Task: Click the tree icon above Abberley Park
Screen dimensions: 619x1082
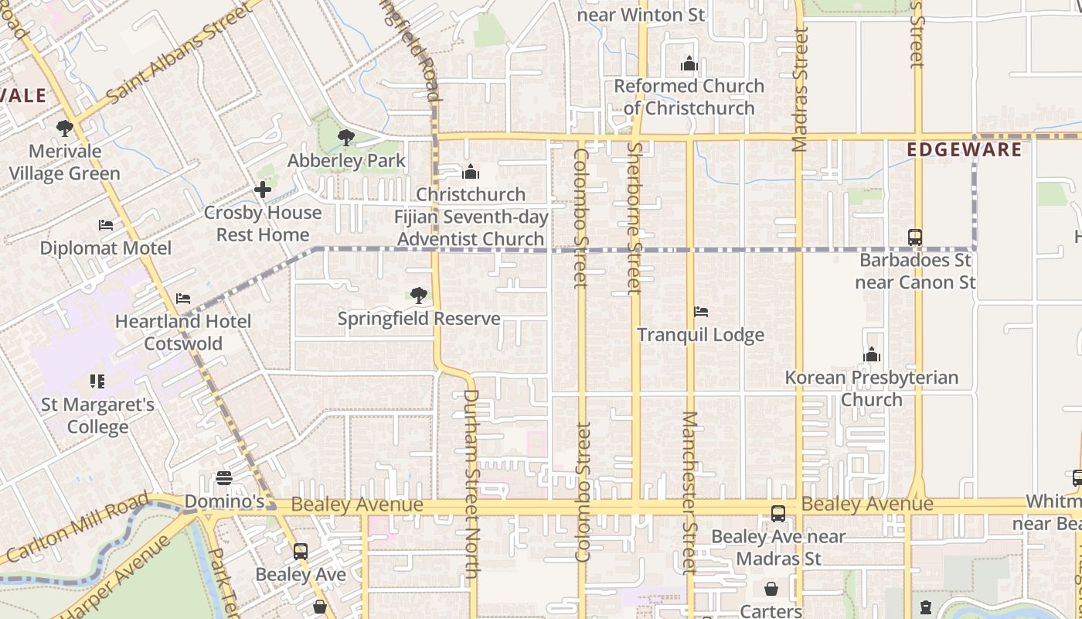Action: [x=345, y=138]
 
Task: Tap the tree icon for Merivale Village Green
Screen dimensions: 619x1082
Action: [x=65, y=128]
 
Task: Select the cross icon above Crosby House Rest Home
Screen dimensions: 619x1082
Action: [x=263, y=189]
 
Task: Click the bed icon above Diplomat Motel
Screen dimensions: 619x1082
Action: [x=106, y=225]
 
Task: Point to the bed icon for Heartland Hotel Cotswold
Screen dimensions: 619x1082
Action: [x=183, y=298]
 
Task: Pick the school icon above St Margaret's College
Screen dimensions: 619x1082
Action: [x=97, y=381]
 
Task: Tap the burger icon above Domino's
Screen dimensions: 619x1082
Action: [x=224, y=478]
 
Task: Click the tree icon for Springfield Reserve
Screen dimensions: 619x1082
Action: [x=418, y=295]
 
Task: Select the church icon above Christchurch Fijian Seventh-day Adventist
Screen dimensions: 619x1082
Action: [x=471, y=172]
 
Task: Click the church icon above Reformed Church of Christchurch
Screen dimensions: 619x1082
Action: [x=689, y=63]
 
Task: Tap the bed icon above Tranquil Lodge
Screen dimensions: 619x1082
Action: [x=701, y=312]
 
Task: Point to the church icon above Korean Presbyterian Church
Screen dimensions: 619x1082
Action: [x=872, y=354]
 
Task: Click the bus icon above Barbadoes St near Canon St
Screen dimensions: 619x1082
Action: [x=915, y=237]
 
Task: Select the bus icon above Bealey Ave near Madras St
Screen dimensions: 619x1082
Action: [x=778, y=513]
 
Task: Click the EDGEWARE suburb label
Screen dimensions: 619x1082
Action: [x=965, y=149]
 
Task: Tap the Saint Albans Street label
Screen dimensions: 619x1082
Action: [x=179, y=53]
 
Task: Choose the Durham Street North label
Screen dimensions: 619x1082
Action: [x=471, y=483]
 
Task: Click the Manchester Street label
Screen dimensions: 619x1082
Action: [x=689, y=492]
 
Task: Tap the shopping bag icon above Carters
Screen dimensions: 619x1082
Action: [x=771, y=589]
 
